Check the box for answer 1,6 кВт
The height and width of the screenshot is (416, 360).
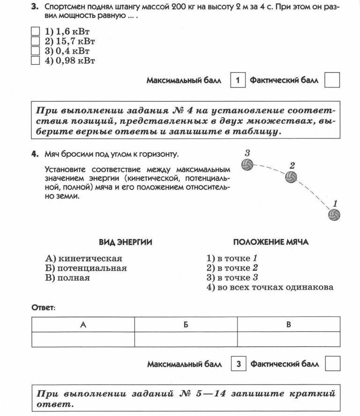[35, 31]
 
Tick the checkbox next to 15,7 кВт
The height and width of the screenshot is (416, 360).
[35, 41]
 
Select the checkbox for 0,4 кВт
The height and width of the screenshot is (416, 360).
[35, 51]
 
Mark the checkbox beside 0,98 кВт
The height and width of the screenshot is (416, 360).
[35, 60]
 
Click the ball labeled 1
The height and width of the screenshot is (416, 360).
[334, 215]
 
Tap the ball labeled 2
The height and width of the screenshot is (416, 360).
[291, 177]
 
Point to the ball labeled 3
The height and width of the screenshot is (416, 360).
[247, 164]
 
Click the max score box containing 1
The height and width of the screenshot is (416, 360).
[238, 80]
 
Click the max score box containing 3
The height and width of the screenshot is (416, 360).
[238, 364]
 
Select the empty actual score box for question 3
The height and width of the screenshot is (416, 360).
[332, 80]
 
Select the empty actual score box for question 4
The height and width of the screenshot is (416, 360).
[332, 364]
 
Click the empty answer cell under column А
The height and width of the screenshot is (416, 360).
[83, 339]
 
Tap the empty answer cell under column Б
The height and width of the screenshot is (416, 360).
[186, 339]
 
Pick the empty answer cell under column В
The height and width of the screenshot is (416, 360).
[289, 339]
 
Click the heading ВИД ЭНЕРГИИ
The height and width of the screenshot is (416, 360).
[125, 242]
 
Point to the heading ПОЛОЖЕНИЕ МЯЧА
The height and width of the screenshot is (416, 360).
[271, 242]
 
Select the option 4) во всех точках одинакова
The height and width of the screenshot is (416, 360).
[270, 287]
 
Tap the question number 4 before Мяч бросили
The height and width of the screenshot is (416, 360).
[34, 154]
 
